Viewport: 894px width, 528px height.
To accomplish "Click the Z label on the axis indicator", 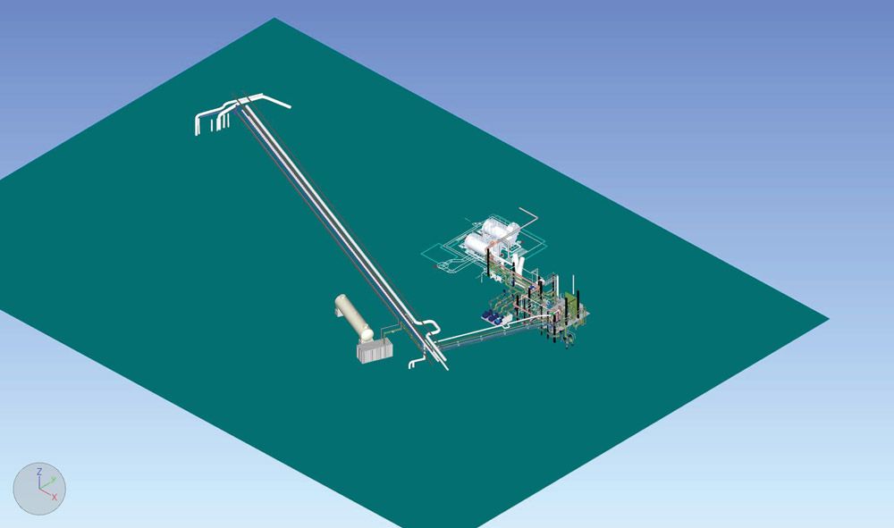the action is pyautogui.click(x=38, y=472).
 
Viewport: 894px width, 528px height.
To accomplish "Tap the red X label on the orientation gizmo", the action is pyautogui.click(x=55, y=498).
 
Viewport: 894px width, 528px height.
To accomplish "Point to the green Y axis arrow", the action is pyautogui.click(x=48, y=483).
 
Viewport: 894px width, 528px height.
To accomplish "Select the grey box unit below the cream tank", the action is pyautogui.click(x=375, y=349).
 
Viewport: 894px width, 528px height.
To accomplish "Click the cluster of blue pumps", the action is pyautogui.click(x=492, y=317).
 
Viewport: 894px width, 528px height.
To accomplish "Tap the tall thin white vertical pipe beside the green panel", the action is pyautogui.click(x=574, y=286).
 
